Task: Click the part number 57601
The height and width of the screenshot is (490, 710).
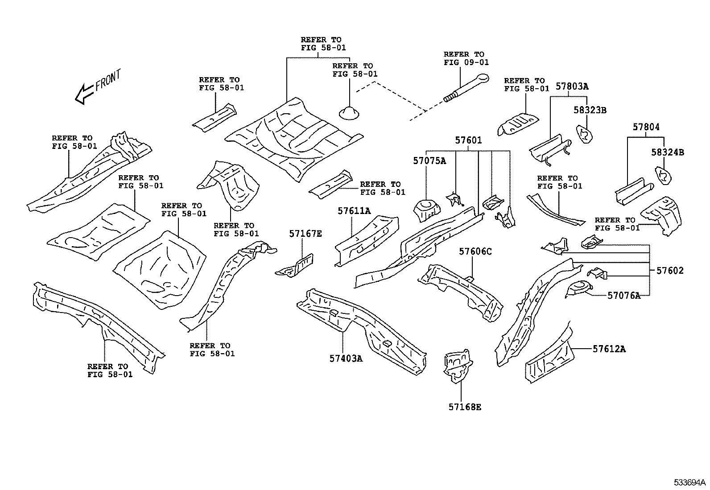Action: (x=468, y=140)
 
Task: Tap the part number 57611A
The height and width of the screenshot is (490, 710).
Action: (x=354, y=211)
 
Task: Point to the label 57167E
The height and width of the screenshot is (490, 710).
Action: (x=305, y=234)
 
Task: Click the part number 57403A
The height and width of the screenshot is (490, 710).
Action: (x=346, y=358)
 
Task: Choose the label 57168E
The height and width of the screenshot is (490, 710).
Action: (x=465, y=407)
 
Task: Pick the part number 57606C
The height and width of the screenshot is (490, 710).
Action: (x=475, y=252)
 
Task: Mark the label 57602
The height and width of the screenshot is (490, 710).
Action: (x=669, y=271)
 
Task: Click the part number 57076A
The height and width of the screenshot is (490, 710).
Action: (x=624, y=295)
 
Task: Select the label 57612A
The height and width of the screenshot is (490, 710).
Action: (x=609, y=349)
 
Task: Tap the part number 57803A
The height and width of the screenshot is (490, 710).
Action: (x=572, y=86)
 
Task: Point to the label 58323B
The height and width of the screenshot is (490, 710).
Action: (x=590, y=110)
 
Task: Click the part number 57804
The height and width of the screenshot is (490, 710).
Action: (x=646, y=127)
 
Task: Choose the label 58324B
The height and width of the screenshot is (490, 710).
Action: (x=667, y=152)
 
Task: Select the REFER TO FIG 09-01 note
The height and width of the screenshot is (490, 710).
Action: (x=466, y=58)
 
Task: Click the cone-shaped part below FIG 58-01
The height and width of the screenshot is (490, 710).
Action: (x=351, y=113)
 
